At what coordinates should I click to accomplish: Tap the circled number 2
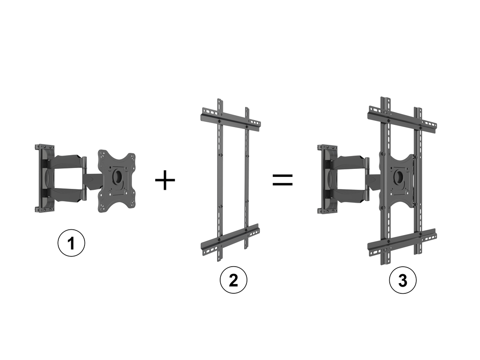point(233,280)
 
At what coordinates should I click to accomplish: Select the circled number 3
point(403,280)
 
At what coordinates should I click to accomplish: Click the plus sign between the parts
point(165,180)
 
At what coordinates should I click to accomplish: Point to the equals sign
point(282,180)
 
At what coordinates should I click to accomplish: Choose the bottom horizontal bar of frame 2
point(230,239)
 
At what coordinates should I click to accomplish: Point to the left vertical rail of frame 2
point(219,180)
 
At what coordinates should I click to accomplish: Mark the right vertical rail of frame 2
point(246,177)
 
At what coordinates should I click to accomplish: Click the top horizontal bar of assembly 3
point(402,119)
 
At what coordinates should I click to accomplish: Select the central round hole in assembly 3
point(399,176)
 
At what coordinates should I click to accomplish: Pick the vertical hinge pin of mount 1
point(85,179)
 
